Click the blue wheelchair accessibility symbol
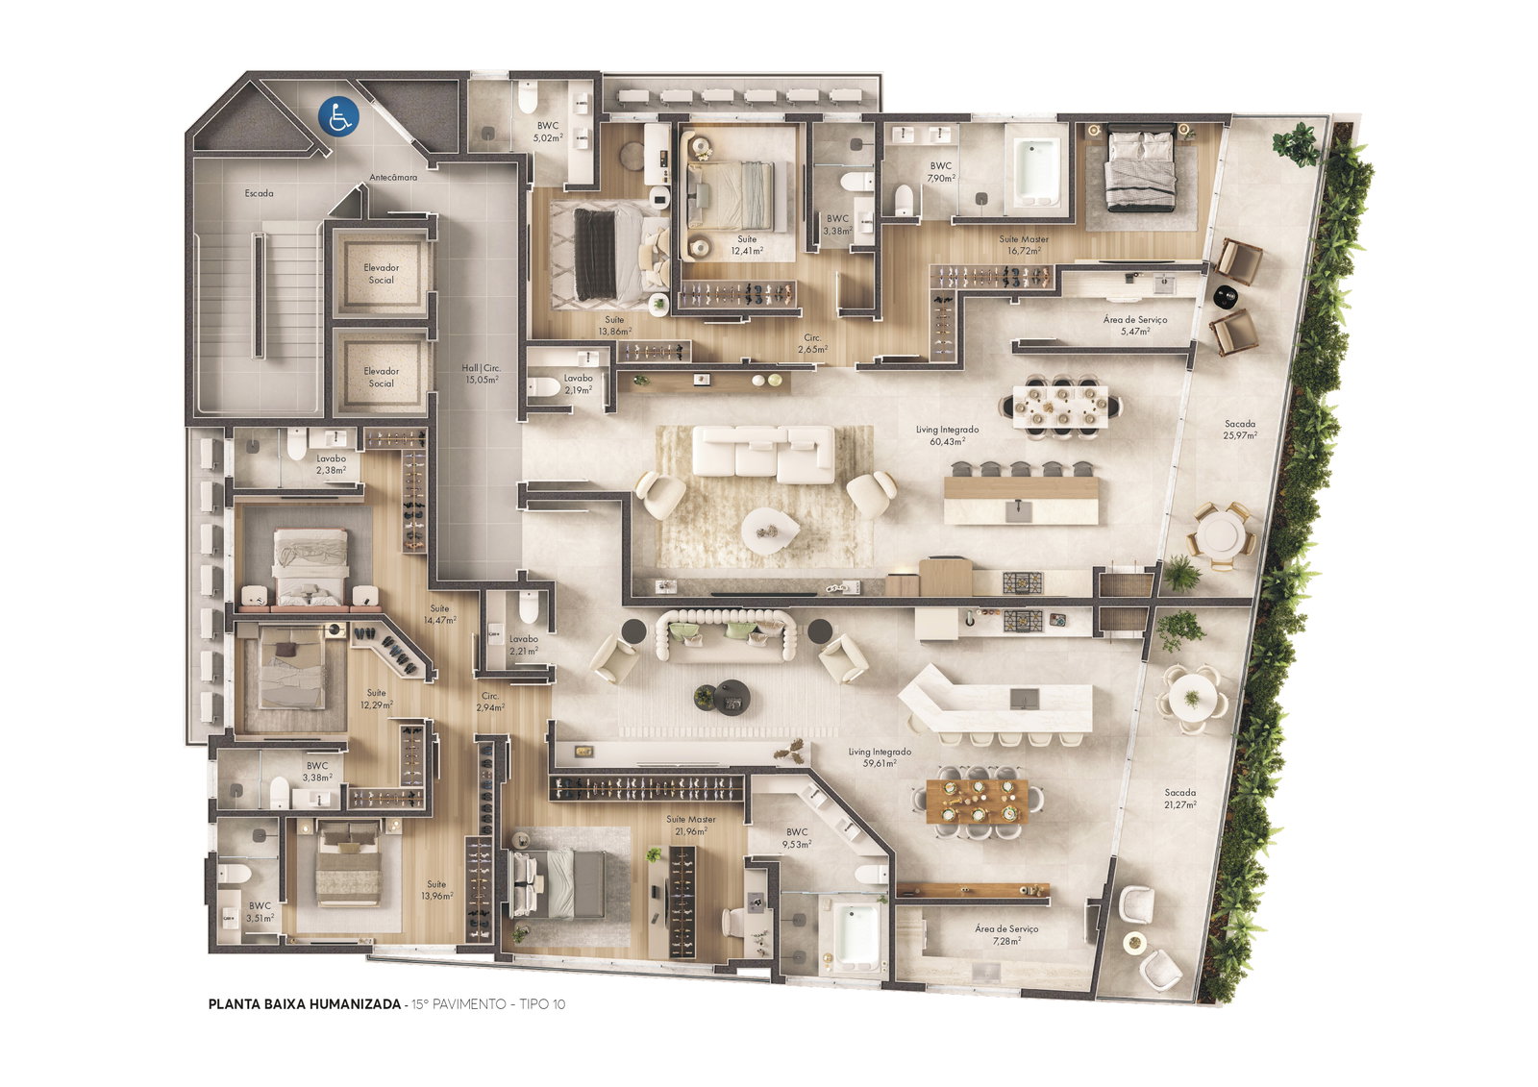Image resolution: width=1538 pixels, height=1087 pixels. point(338,116)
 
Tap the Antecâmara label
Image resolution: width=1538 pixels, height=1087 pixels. point(393,177)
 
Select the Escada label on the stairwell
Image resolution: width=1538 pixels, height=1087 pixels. point(259,193)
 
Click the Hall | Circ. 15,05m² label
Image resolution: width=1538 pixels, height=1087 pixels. point(482,374)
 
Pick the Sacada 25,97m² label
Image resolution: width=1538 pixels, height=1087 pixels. point(1240,430)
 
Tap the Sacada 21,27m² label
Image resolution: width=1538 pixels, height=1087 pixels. point(1180,799)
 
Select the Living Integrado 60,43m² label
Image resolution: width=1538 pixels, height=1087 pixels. point(948,435)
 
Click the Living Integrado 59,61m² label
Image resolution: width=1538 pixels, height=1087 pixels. point(880,757)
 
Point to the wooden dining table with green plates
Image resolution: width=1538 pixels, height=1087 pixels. point(977,802)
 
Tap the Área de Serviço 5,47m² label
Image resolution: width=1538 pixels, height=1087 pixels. point(1135,325)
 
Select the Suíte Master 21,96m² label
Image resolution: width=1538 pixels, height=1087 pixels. point(691,825)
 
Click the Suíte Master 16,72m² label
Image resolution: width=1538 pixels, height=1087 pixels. point(1023,245)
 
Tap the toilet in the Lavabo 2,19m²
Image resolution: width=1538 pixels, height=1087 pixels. point(544,387)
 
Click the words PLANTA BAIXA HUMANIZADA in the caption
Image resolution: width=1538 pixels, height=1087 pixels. point(304,1004)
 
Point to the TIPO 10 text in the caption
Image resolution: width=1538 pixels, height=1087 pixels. point(542,1004)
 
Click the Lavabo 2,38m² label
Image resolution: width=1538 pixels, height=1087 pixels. point(331,464)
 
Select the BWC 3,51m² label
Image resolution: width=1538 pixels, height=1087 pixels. point(260,911)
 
